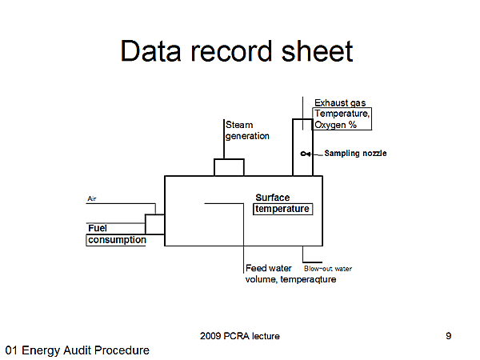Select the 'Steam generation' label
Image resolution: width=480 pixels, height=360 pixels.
point(247,130)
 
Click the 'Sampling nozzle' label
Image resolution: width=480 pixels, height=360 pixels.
point(355,153)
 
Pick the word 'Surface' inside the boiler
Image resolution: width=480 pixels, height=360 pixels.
point(273,198)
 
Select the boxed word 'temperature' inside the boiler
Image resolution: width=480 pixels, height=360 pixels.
point(282,209)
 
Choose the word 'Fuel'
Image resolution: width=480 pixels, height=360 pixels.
point(98,228)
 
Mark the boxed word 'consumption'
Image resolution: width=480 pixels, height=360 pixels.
point(117,239)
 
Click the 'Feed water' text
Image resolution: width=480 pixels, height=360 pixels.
point(269,269)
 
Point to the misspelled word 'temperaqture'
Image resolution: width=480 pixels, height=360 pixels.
point(308,280)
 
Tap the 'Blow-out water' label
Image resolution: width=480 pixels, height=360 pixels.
point(328,269)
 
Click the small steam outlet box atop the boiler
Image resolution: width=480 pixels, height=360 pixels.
point(229,167)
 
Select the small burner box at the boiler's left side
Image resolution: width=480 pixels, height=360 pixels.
point(154,224)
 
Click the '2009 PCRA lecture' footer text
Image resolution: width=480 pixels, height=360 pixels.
point(240,336)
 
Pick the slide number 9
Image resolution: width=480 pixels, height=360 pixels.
point(448,336)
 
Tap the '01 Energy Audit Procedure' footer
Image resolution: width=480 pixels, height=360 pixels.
point(77,350)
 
